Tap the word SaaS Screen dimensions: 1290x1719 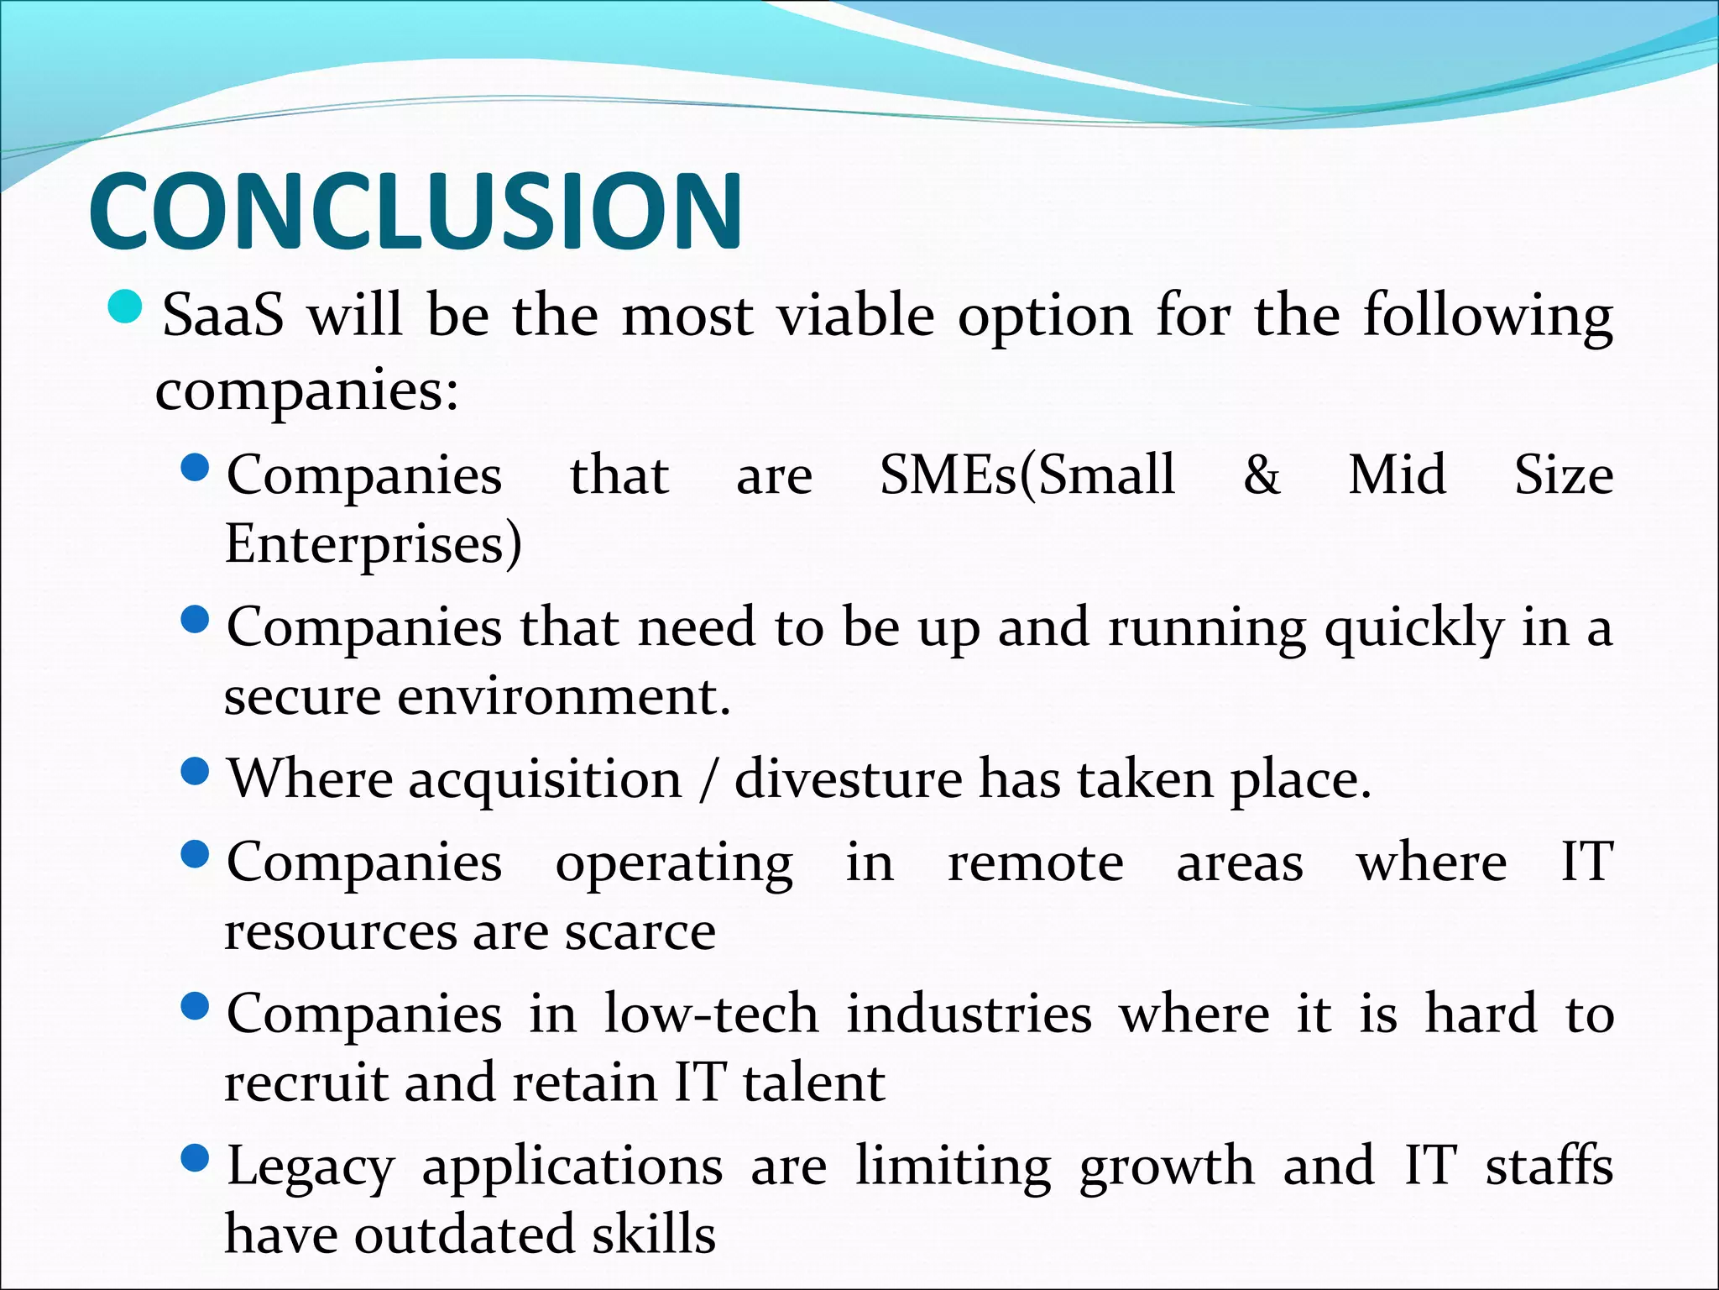pos(222,316)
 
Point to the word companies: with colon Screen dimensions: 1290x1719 pos(307,391)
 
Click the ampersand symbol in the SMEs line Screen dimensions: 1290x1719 pos(1262,475)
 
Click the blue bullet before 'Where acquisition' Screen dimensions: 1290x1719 pos(195,771)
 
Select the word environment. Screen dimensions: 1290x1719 pos(563,697)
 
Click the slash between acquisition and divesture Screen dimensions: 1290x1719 pos(708,779)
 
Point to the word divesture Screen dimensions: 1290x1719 pos(848,779)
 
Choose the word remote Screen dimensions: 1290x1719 pos(1035,863)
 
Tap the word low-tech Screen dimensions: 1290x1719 pos(711,1015)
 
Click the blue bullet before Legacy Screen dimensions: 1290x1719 pos(195,1159)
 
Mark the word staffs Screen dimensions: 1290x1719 pos(1549,1167)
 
